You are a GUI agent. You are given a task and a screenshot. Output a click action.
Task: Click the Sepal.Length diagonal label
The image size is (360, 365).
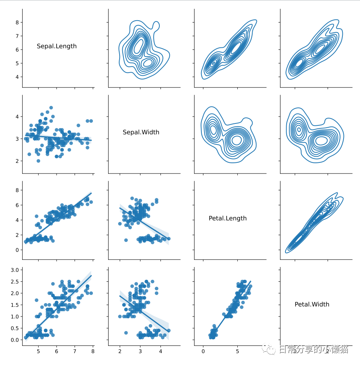tap(57, 46)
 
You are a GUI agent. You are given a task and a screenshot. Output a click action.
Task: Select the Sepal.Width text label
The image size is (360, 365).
tap(141, 132)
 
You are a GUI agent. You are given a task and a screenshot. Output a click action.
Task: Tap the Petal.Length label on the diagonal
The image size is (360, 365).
tap(227, 218)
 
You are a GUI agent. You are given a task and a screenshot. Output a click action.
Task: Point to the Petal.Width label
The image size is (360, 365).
tap(312, 304)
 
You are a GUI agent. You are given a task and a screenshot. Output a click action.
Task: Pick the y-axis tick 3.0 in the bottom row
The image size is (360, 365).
tap(14, 270)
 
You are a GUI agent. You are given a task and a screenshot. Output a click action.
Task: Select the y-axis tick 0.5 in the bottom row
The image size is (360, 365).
tap(14, 328)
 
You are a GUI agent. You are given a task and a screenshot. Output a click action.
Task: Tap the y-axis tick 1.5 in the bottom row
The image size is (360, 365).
tap(14, 305)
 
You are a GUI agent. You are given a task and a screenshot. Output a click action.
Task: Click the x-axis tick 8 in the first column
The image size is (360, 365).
tap(92, 351)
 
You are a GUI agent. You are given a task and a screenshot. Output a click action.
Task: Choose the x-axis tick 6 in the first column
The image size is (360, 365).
tap(57, 351)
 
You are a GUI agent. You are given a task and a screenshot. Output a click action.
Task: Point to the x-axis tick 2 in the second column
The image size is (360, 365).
tap(120, 351)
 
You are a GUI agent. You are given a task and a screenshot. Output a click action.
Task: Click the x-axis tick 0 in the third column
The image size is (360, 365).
tap(203, 351)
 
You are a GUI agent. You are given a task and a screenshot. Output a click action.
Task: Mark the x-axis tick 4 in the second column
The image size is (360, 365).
tap(161, 351)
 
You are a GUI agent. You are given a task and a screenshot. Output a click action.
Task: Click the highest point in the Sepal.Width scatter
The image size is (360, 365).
tap(51, 108)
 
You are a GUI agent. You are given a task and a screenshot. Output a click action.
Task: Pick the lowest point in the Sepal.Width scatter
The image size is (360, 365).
tap(38, 161)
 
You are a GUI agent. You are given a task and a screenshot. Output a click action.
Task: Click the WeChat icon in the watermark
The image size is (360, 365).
tap(268, 349)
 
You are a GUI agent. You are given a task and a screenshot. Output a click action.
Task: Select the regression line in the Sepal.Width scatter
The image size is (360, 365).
tap(57, 138)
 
